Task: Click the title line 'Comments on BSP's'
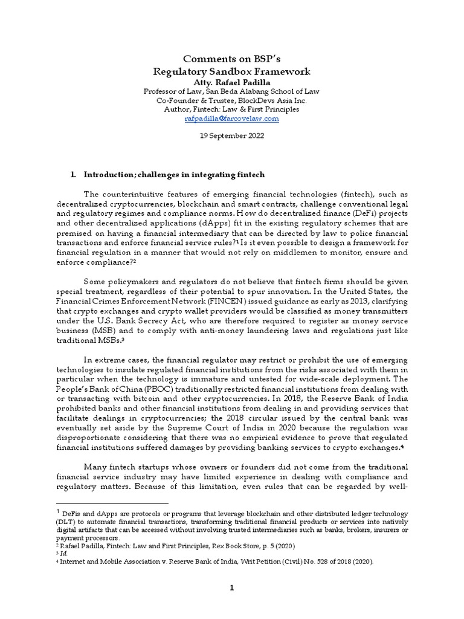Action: pos(232,59)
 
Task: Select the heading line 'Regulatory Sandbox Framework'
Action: pos(232,71)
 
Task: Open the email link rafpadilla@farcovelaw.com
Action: pos(232,119)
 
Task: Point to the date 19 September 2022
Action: pos(232,136)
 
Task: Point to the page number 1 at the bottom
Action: pos(232,589)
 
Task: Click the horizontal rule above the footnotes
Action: pos(112,503)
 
